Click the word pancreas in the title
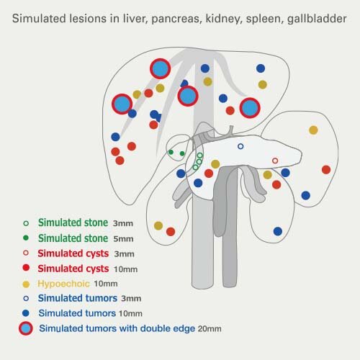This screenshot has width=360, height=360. pos(176,19)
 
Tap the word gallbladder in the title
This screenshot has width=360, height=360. pos(317,19)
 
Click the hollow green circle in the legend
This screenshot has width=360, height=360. pos(26,223)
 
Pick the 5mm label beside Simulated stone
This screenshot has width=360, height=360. pos(123,239)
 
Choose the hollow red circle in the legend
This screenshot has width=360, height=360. pos(26,253)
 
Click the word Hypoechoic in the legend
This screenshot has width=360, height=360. pos(63,284)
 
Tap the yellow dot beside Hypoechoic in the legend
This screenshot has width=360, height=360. pos(26,284)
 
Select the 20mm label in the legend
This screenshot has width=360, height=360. pos(210,328)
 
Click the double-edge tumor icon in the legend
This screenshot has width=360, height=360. pos(26,328)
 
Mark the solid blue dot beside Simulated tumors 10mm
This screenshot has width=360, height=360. pos(26,313)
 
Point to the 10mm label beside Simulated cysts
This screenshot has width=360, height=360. pos(125,269)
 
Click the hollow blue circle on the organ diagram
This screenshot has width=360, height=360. pos(240,146)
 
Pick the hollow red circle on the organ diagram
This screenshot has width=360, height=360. pos(275,161)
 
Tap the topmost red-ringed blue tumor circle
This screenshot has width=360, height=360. pos(160,68)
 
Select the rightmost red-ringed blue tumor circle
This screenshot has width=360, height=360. pos(250,108)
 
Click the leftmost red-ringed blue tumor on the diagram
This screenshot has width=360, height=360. pos(122,104)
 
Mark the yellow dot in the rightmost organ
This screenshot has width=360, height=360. pos(313,130)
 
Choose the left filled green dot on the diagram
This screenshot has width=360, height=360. pos(171,152)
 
